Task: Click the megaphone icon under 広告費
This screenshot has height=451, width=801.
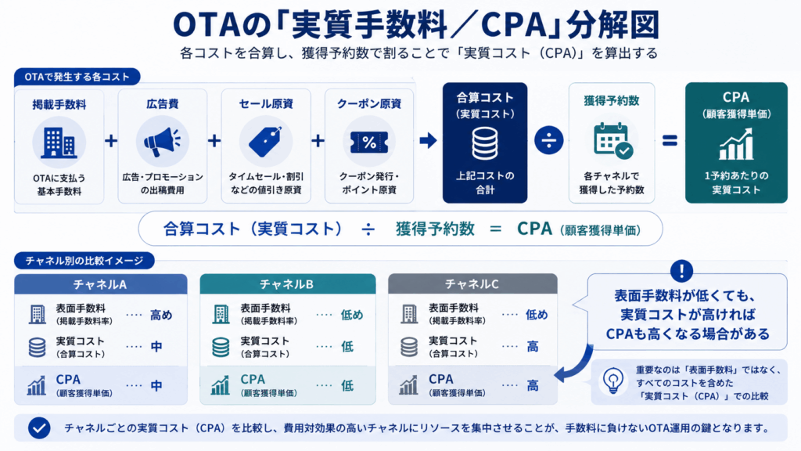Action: click(162, 143)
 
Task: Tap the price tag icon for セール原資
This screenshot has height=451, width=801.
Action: click(265, 142)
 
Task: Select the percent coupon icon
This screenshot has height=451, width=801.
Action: click(369, 142)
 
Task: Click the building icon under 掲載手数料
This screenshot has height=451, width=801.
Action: click(59, 143)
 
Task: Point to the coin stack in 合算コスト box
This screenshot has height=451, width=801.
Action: click(484, 144)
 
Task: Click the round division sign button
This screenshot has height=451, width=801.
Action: click(548, 140)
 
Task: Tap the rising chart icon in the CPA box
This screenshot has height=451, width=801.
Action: click(735, 144)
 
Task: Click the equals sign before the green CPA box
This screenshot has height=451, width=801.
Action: click(670, 140)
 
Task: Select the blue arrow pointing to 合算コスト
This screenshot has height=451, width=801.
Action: click(428, 140)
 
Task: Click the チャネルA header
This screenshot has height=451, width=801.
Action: click(101, 284)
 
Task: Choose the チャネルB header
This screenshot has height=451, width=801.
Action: click(288, 283)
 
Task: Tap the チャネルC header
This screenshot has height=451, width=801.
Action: click(472, 283)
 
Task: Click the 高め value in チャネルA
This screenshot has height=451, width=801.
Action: click(161, 315)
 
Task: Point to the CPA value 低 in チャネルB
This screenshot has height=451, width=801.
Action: click(347, 385)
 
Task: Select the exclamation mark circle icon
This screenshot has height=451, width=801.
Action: click(681, 271)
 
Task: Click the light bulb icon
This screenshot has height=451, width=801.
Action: click(613, 381)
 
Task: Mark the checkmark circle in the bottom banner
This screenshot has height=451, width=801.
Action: click(39, 428)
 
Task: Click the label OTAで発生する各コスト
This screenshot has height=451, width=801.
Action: click(77, 77)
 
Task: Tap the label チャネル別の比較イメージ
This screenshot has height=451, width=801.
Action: click(84, 261)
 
